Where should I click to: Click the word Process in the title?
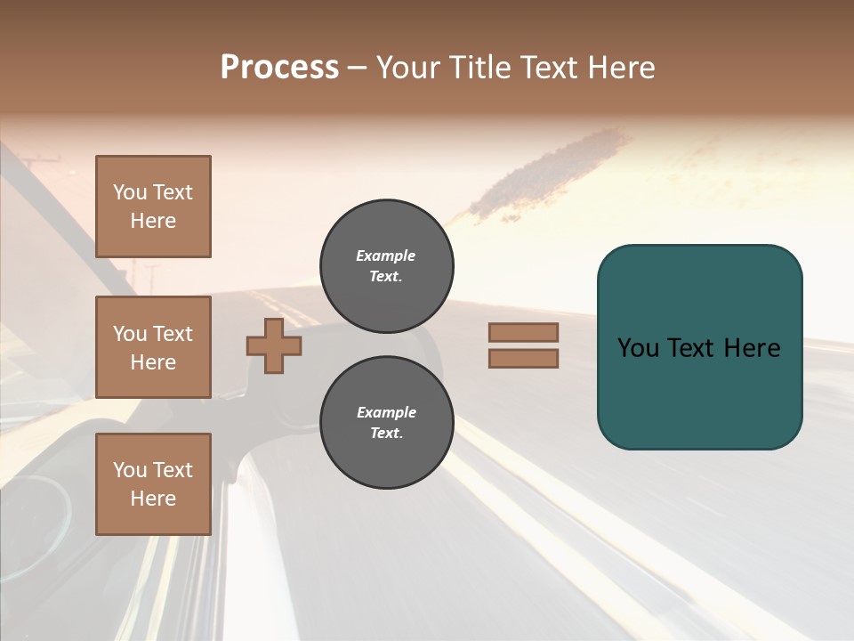coord(279,68)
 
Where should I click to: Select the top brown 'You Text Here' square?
coord(153,207)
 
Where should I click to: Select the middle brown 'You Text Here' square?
coord(153,347)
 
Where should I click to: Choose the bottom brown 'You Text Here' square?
coord(153,484)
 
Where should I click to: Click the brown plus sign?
coord(274,345)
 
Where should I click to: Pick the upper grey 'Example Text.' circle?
coord(387,266)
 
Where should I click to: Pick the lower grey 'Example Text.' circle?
coord(387,423)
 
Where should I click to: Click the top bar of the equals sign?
coord(523,332)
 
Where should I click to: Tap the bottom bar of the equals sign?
coord(523,358)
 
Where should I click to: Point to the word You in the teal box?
coord(638,348)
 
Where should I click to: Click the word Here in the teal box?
coord(752,348)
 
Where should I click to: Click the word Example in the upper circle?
coord(385,256)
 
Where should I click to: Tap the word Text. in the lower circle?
coord(387,434)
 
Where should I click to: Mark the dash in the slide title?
coord(357,68)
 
